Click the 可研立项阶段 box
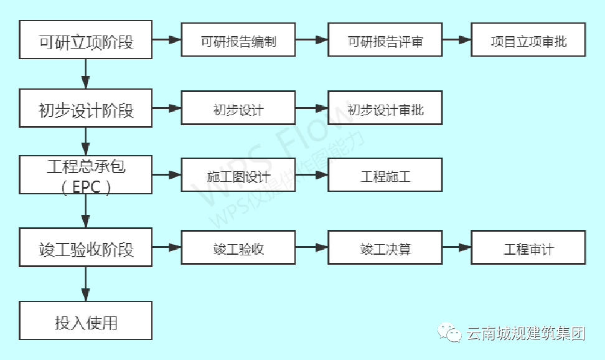coord(85,40)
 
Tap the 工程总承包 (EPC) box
coord(85,175)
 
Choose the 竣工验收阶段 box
coord(85,249)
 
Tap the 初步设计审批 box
coord(385,109)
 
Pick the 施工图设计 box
coord(238,175)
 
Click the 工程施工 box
coord(385,175)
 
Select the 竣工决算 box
coord(385,249)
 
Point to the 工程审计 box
coord(528,249)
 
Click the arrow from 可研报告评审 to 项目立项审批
coord(457,40)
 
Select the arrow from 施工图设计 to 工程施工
coord(312,175)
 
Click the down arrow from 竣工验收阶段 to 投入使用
coord(85,286)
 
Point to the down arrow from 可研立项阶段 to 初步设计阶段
coord(85,73)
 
